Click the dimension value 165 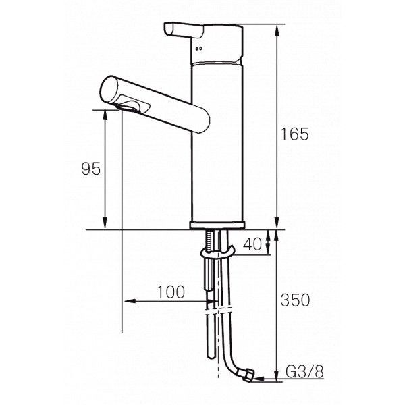point(295,134)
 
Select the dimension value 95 point(91,169)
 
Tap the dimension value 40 point(252,244)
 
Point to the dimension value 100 point(171,292)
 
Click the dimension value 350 point(295,300)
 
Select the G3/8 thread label point(305,371)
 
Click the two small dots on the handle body point(199,49)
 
